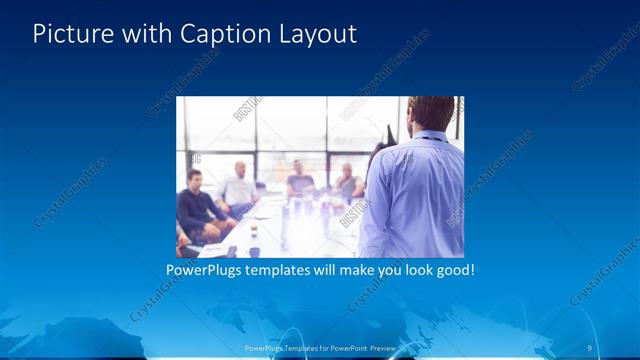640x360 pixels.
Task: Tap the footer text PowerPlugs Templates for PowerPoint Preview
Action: [320, 348]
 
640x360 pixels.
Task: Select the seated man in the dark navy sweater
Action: [198, 207]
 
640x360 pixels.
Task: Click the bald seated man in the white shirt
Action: [240, 188]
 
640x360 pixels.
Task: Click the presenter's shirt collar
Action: [429, 136]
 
